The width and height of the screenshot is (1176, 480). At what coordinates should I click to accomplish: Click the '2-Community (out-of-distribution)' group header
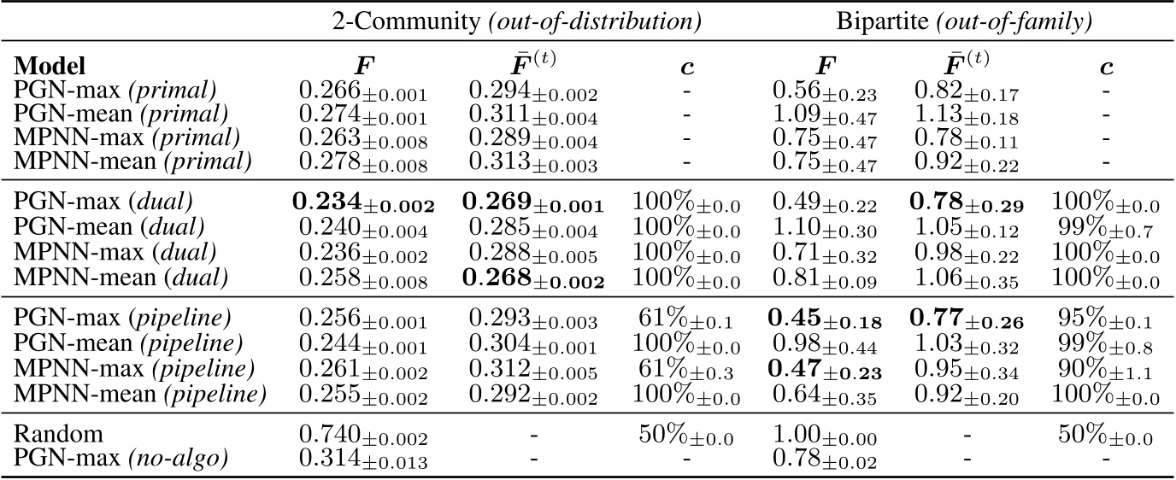pos(517,23)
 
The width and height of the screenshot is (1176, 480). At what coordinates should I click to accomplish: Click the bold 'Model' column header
pos(52,67)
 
